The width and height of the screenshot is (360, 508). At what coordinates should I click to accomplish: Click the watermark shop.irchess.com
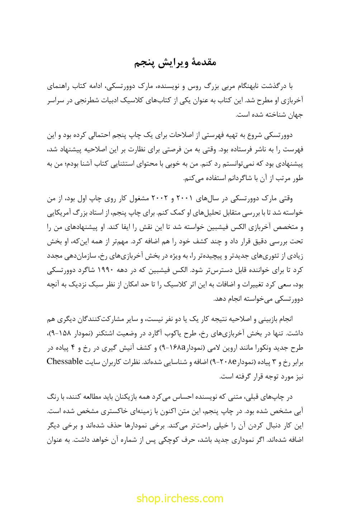180,498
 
